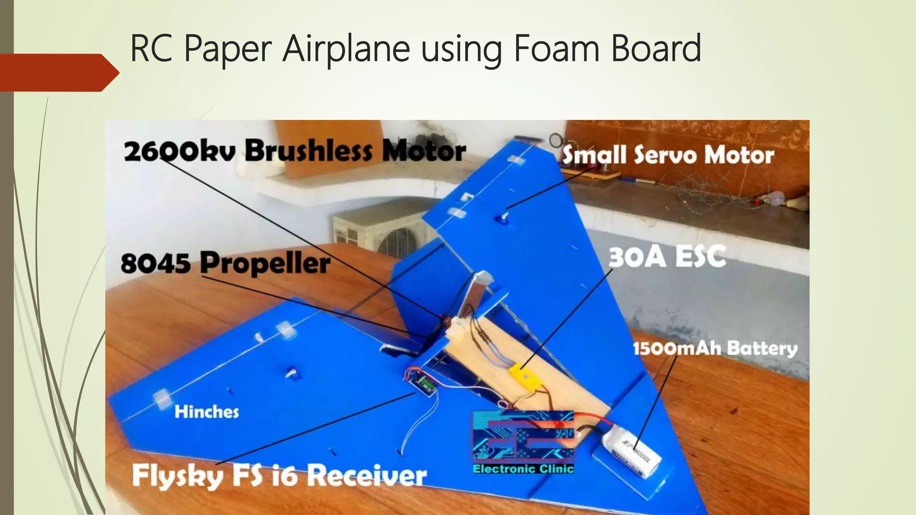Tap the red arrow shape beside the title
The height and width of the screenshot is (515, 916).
pos(58,72)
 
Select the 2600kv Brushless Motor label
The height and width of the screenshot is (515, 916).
pos(294,151)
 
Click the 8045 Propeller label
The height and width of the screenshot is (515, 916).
pos(225,262)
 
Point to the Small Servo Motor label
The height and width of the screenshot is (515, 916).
pos(668,155)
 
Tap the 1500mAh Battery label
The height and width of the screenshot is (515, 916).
pos(715,348)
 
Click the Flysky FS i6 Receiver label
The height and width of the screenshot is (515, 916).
pos(279,475)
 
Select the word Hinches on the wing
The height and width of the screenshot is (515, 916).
pos(207,412)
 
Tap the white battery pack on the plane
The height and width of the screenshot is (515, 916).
pos(631,452)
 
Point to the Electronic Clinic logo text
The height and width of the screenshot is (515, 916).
pos(523,469)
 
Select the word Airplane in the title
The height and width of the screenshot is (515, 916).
pos(346,48)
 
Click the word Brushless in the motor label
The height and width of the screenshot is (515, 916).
pos(308,151)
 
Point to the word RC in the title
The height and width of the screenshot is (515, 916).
pos(151,48)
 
